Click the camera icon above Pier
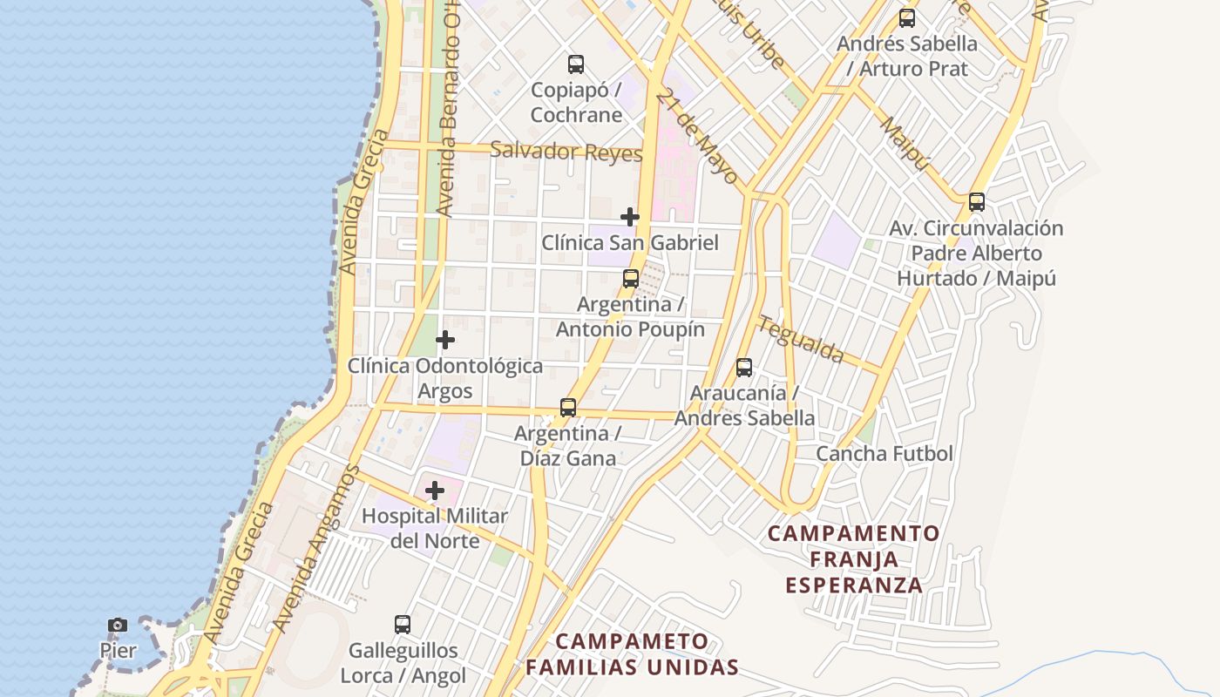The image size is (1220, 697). point(118,625)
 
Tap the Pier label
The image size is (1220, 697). point(118,651)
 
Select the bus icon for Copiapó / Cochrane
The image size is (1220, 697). point(576,64)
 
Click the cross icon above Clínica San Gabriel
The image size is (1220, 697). point(630,216)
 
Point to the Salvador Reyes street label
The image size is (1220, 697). point(566,152)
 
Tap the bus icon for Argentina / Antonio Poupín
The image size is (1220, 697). point(631,279)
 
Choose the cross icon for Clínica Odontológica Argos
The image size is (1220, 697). point(445,339)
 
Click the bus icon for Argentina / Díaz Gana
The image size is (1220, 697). point(568,407)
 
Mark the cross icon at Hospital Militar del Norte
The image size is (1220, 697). point(435,491)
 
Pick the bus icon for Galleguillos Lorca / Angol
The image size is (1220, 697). point(403,624)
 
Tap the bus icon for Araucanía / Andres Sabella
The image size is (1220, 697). point(744,368)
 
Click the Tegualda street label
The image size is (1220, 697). point(801,339)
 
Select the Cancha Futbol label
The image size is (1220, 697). point(884,454)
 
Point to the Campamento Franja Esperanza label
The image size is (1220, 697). point(854,558)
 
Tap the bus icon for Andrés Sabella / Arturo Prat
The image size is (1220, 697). point(907,18)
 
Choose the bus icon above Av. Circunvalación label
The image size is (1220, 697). point(977,202)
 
